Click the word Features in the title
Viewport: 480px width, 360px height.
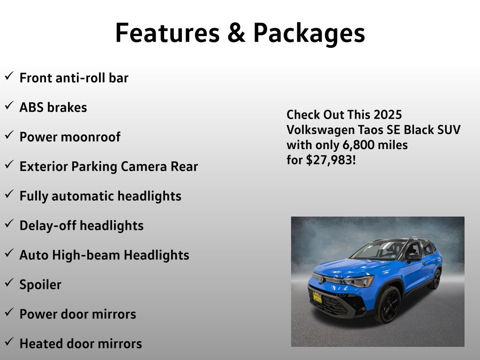click(167, 32)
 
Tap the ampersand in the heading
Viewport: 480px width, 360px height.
click(236, 32)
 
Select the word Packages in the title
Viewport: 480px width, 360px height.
click(309, 34)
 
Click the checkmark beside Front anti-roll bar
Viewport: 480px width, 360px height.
click(9, 75)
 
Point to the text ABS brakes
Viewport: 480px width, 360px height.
click(53, 107)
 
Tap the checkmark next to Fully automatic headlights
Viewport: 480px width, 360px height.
click(9, 194)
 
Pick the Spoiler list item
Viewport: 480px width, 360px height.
click(40, 285)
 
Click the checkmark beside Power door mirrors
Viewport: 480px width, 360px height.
click(9, 312)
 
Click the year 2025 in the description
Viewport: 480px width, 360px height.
click(388, 115)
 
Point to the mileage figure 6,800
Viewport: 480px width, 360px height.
click(358, 145)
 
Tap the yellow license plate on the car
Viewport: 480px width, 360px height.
click(317, 297)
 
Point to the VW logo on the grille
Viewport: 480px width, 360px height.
click(321, 279)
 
